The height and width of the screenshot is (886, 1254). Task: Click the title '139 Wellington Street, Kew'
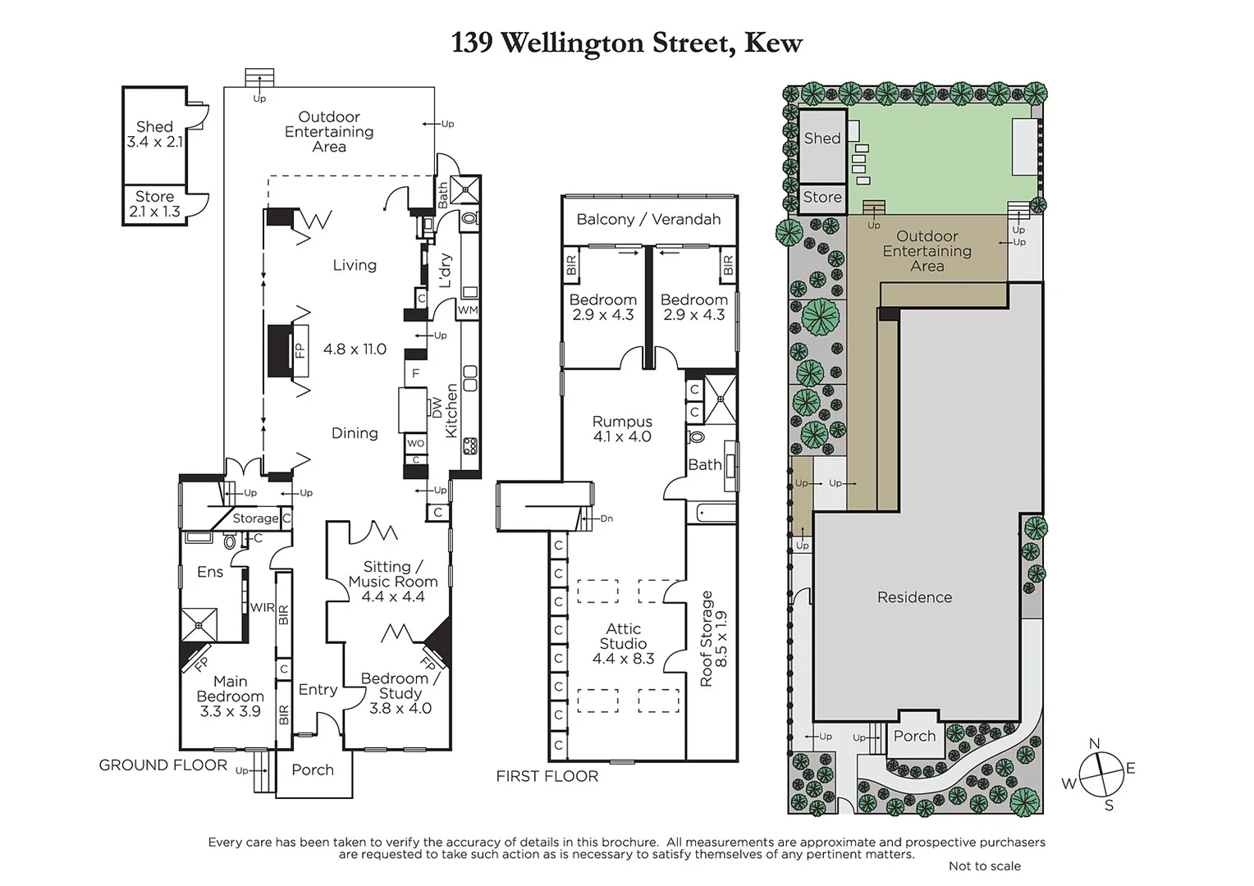[x=626, y=43]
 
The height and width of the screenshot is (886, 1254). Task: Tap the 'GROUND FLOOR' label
[x=162, y=765]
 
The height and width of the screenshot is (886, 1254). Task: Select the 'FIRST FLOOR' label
[x=547, y=776]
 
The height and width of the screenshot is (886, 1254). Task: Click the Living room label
[x=355, y=265]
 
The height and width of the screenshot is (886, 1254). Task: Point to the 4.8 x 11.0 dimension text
[x=355, y=349]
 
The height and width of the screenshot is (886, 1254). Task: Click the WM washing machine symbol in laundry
[x=468, y=310]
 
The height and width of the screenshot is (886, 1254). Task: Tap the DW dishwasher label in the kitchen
[x=436, y=408]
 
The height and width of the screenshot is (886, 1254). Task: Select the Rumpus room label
[x=622, y=422]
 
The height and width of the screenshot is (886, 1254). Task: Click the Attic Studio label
[x=623, y=636]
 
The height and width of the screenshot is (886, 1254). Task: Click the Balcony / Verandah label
[x=648, y=219]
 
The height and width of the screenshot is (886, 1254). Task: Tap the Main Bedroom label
[x=230, y=689]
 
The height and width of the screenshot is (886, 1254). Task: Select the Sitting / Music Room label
[x=393, y=574]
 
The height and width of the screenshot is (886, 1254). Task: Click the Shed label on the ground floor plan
[x=154, y=127]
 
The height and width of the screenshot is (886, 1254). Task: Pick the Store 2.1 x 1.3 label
[x=154, y=204]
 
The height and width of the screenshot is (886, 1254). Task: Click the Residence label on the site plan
[x=914, y=597]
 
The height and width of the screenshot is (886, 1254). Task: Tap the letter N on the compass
[x=1094, y=744]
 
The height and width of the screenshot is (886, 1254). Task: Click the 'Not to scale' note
[x=984, y=866]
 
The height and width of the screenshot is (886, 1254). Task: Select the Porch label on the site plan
[x=914, y=736]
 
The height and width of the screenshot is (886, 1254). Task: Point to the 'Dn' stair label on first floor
[x=606, y=518]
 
